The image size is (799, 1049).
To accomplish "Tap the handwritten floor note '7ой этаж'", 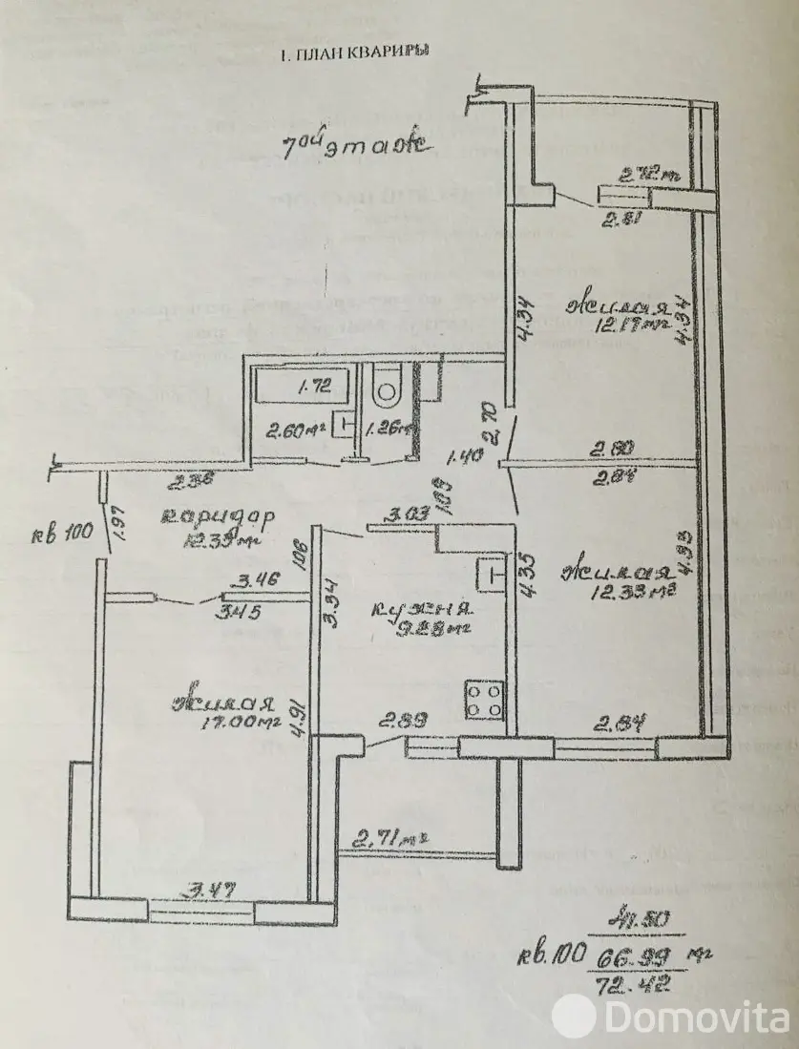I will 354,147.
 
